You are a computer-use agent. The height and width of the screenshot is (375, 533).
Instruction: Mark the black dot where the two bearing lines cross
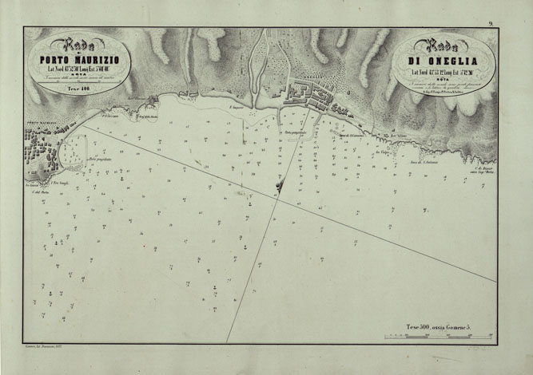click(279, 187)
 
